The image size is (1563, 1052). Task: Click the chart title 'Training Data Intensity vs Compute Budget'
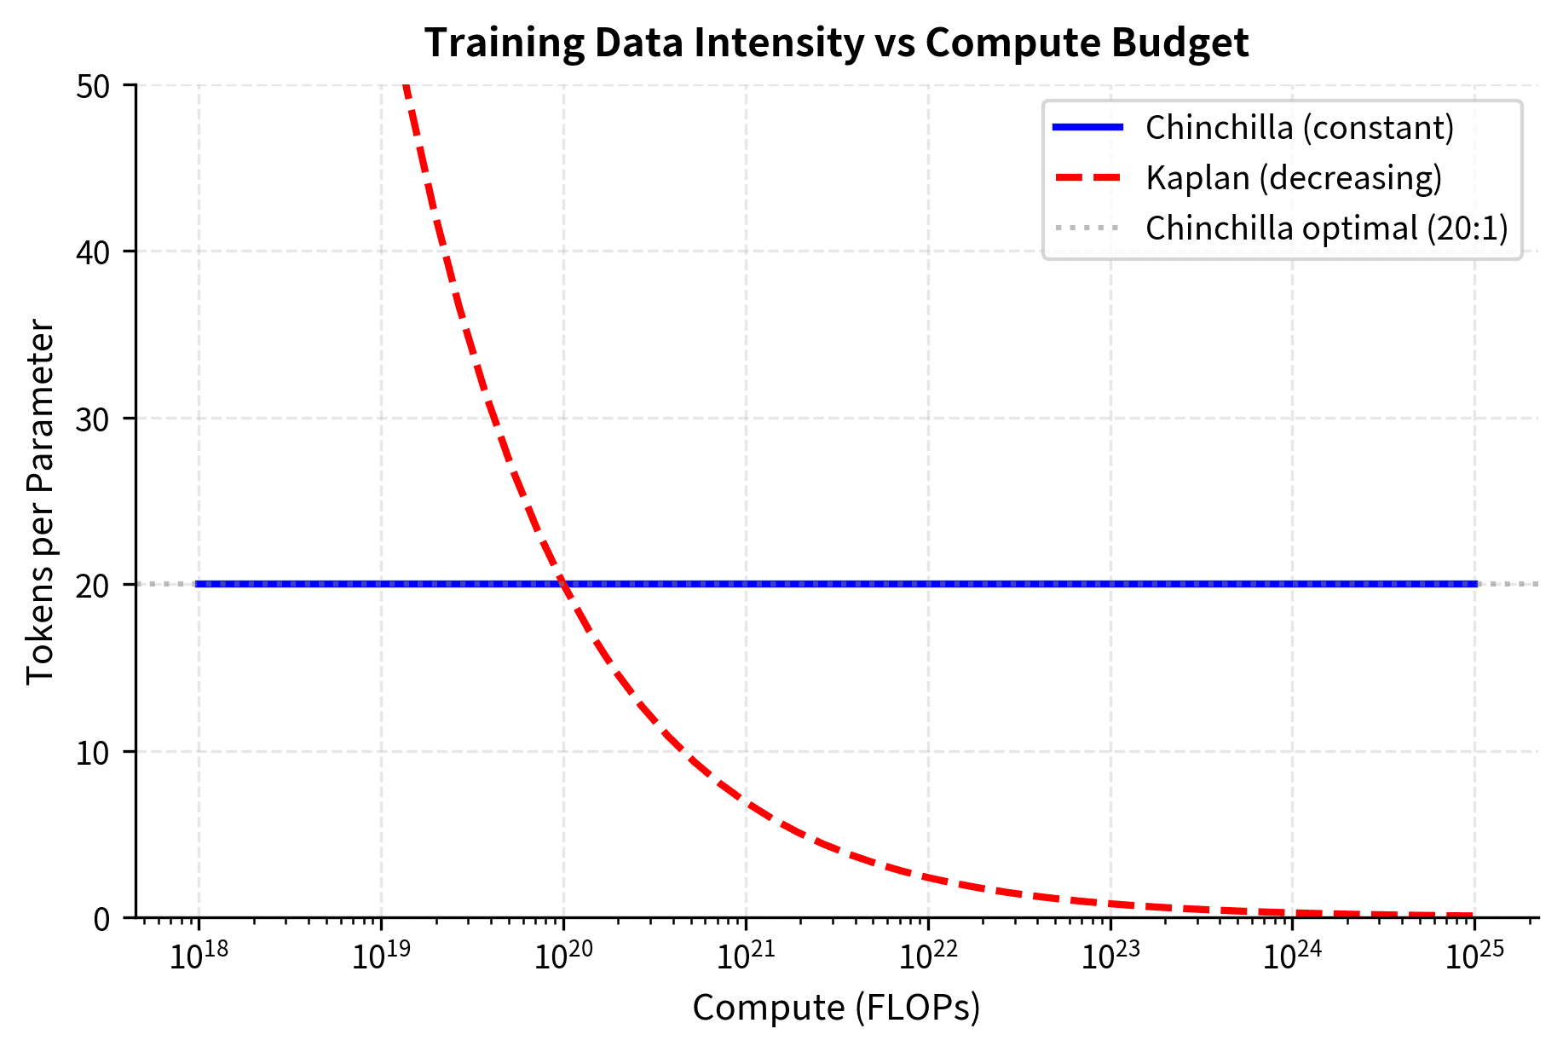point(836,43)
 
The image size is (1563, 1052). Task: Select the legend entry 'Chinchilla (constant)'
point(1299,128)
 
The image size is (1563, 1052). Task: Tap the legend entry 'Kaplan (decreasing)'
point(1293,178)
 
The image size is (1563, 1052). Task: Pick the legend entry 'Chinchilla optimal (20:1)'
point(1326,228)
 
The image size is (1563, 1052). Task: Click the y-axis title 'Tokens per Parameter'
point(40,501)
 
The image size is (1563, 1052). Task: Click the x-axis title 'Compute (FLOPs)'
point(836,1008)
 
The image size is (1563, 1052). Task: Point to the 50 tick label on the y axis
point(93,86)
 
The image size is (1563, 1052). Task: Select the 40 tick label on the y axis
point(93,252)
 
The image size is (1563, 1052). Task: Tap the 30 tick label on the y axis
point(93,419)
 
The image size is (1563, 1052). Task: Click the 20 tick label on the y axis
point(93,586)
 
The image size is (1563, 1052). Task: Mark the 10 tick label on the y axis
point(93,753)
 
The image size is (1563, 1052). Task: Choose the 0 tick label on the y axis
point(102,919)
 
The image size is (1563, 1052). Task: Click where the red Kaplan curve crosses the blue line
point(563,584)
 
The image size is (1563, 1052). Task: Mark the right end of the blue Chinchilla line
point(1475,584)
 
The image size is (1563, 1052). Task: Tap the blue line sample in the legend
point(1087,128)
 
